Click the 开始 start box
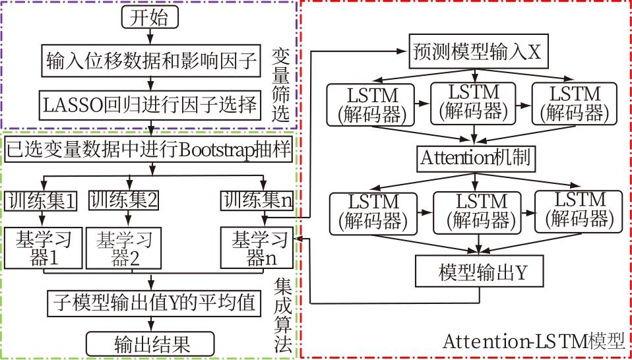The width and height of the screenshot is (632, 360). point(151,18)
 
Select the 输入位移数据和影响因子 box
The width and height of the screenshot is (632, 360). point(151,61)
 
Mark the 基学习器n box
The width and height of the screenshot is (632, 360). point(259,248)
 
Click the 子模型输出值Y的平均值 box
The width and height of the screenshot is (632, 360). point(152,304)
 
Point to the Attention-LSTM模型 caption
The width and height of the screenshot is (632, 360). point(533,342)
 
